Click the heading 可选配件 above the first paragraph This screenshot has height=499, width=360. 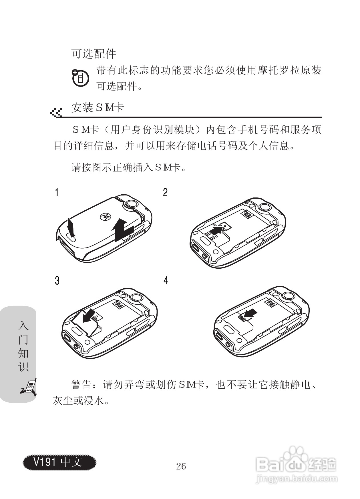point(94,53)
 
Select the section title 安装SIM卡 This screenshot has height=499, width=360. point(98,108)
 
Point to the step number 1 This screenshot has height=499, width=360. point(57,193)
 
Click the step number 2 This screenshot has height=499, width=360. point(165,193)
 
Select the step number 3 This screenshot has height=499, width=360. point(57,281)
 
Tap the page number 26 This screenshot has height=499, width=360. point(181,466)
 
